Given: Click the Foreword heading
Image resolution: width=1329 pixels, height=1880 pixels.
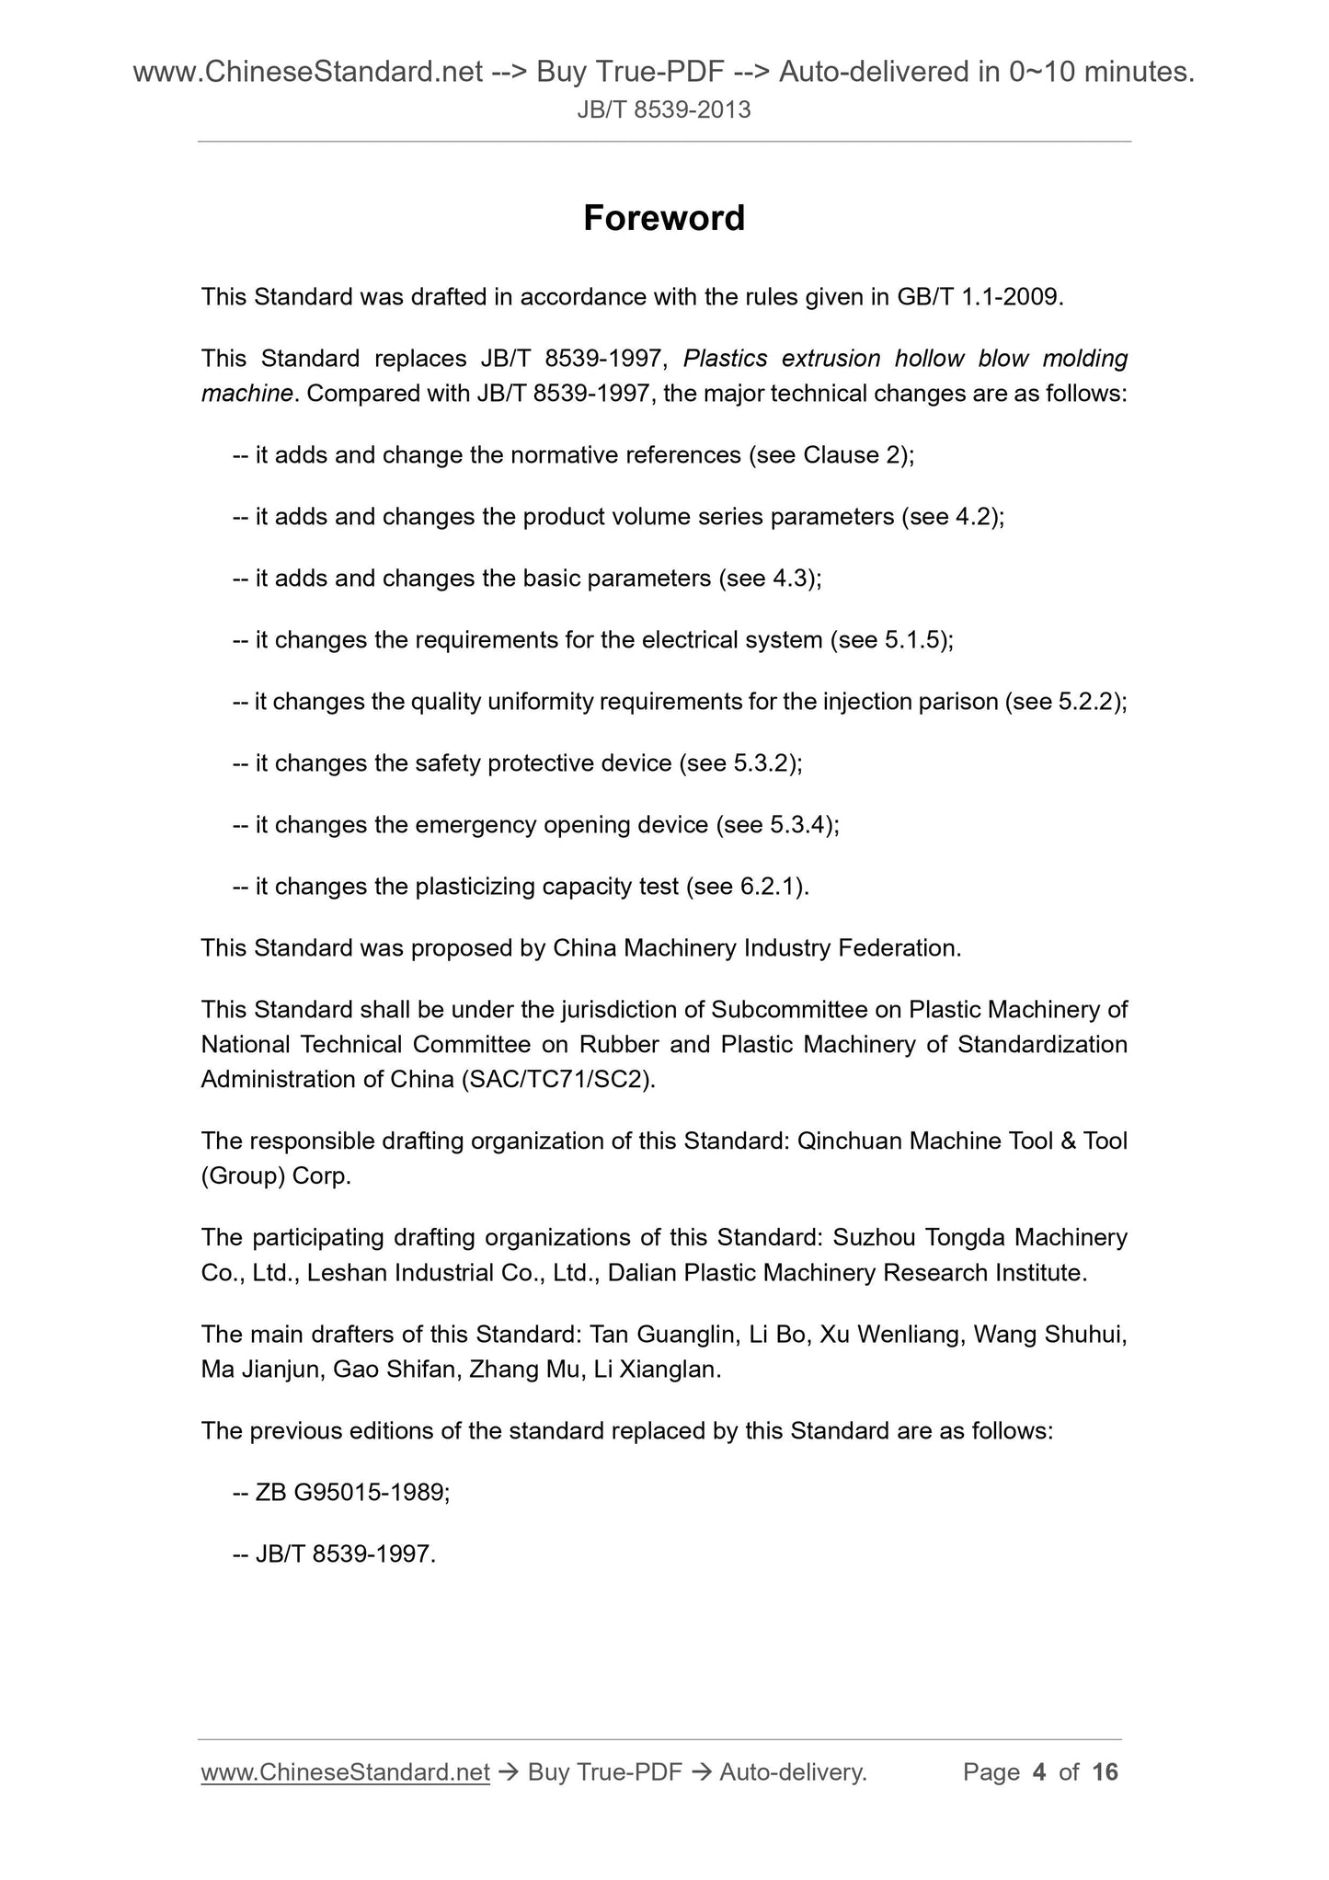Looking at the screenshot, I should point(664,218).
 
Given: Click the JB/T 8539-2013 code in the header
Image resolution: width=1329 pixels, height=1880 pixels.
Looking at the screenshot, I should point(664,110).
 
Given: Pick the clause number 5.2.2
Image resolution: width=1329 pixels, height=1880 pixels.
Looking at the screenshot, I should point(1089,702).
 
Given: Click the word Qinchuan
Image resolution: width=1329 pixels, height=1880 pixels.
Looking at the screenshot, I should point(849,1141).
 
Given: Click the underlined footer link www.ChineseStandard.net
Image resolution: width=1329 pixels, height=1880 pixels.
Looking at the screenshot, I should point(345,1772).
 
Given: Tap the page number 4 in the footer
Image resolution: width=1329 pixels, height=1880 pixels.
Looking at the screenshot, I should point(1039,1772).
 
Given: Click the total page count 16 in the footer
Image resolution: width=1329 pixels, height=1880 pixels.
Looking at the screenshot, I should point(1105,1772).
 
